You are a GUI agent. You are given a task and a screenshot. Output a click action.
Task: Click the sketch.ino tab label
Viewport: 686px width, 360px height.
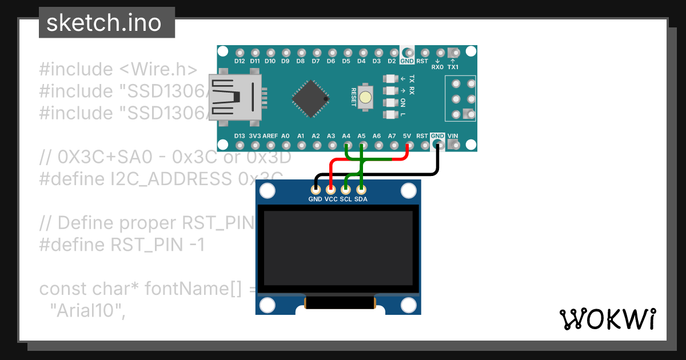tap(103, 23)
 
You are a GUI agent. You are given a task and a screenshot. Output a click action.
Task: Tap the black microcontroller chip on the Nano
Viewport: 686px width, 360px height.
tap(310, 99)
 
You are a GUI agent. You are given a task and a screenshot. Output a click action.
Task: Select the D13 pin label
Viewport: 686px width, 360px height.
tap(240, 136)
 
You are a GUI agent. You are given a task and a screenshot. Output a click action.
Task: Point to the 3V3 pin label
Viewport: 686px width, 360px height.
tap(255, 136)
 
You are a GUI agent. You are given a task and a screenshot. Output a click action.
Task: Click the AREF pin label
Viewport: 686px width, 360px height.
tap(270, 136)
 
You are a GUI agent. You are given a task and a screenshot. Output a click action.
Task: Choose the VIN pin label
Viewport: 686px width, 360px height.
tap(453, 136)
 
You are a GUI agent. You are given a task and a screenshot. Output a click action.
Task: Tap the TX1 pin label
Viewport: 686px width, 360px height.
tap(453, 67)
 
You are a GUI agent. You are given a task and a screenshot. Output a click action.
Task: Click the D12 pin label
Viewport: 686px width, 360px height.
tap(240, 61)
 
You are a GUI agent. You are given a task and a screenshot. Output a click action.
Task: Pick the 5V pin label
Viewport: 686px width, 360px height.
tap(407, 136)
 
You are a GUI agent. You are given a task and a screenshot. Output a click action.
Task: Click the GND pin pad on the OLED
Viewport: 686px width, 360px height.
tap(316, 189)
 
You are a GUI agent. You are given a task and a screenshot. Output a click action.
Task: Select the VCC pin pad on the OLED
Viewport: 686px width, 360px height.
tap(330, 189)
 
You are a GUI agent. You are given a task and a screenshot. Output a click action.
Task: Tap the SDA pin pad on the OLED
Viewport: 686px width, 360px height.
tap(361, 189)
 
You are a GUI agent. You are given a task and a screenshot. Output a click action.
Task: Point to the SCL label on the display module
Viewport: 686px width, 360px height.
tap(346, 199)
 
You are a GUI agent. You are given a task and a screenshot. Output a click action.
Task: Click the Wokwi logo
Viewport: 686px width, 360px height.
tap(608, 319)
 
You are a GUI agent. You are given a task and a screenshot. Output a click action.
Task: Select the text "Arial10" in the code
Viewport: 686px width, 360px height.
tap(87, 311)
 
